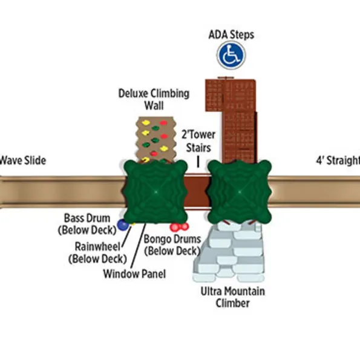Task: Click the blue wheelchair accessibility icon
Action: pos(231,55)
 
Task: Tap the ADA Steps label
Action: pos(231,35)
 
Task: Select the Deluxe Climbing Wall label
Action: pos(154,99)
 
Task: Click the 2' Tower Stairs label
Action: pos(198,141)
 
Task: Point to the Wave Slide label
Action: pos(23,160)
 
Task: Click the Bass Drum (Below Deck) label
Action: pos(87,224)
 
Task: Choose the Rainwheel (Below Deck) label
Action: pos(97,252)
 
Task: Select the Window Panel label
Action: pos(134,273)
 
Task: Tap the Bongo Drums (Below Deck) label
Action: pos(172,245)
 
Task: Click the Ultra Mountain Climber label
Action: pos(232,297)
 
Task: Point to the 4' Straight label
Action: pos(338,161)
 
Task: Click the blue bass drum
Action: pos(123,224)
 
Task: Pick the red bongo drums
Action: pos(179,227)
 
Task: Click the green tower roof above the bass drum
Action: pos(156,191)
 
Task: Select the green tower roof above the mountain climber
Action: pos(240,191)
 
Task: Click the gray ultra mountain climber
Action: pos(229,252)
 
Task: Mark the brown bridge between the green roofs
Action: pos(198,191)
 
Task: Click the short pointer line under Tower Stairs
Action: pos(198,162)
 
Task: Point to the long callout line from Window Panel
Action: pos(138,246)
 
